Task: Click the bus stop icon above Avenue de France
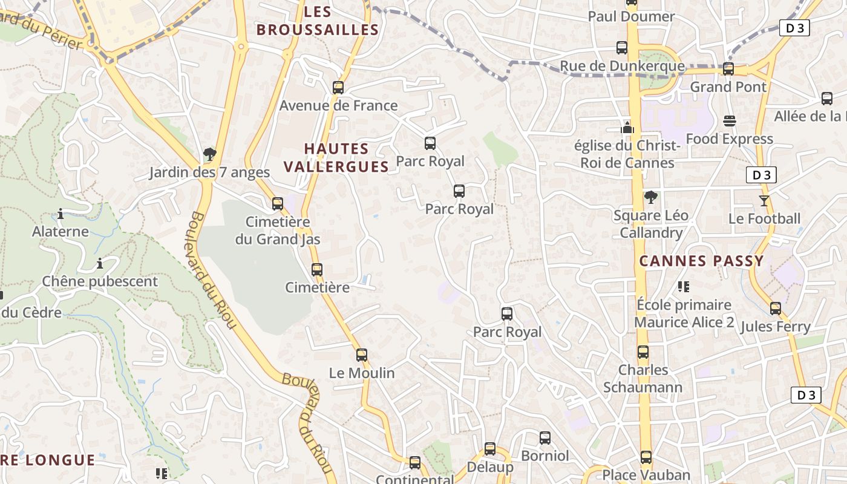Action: point(338,88)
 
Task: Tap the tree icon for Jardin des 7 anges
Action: point(210,154)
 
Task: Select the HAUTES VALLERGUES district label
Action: point(336,157)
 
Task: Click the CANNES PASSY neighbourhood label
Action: point(702,261)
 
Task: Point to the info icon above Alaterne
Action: point(60,214)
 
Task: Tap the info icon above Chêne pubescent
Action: point(100,264)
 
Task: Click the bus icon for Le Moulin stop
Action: point(362,355)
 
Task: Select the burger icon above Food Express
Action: point(730,121)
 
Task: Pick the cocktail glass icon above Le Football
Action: point(764,201)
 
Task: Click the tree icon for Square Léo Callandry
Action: point(650,197)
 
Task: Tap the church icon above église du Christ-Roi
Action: point(627,128)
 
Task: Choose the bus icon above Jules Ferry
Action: point(776,309)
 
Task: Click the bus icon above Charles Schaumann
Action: point(643,352)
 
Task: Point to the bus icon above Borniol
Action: point(545,438)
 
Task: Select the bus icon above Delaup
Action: point(490,450)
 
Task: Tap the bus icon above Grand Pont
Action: point(728,69)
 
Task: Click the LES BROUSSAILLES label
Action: point(318,21)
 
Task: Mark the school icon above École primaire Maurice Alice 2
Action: point(684,287)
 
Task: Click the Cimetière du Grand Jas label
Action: point(278,231)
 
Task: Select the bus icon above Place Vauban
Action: point(646,457)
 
